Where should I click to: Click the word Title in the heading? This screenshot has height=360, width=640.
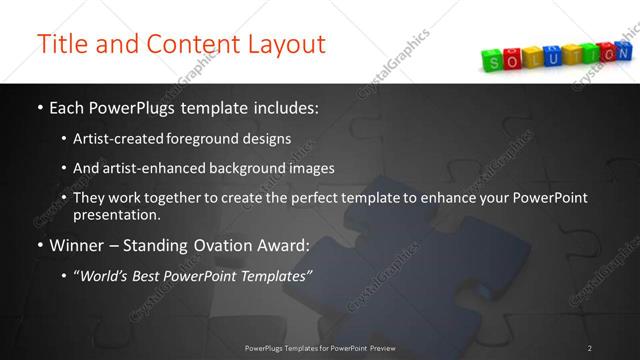(61, 45)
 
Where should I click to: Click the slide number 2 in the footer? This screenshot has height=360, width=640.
(590, 348)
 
